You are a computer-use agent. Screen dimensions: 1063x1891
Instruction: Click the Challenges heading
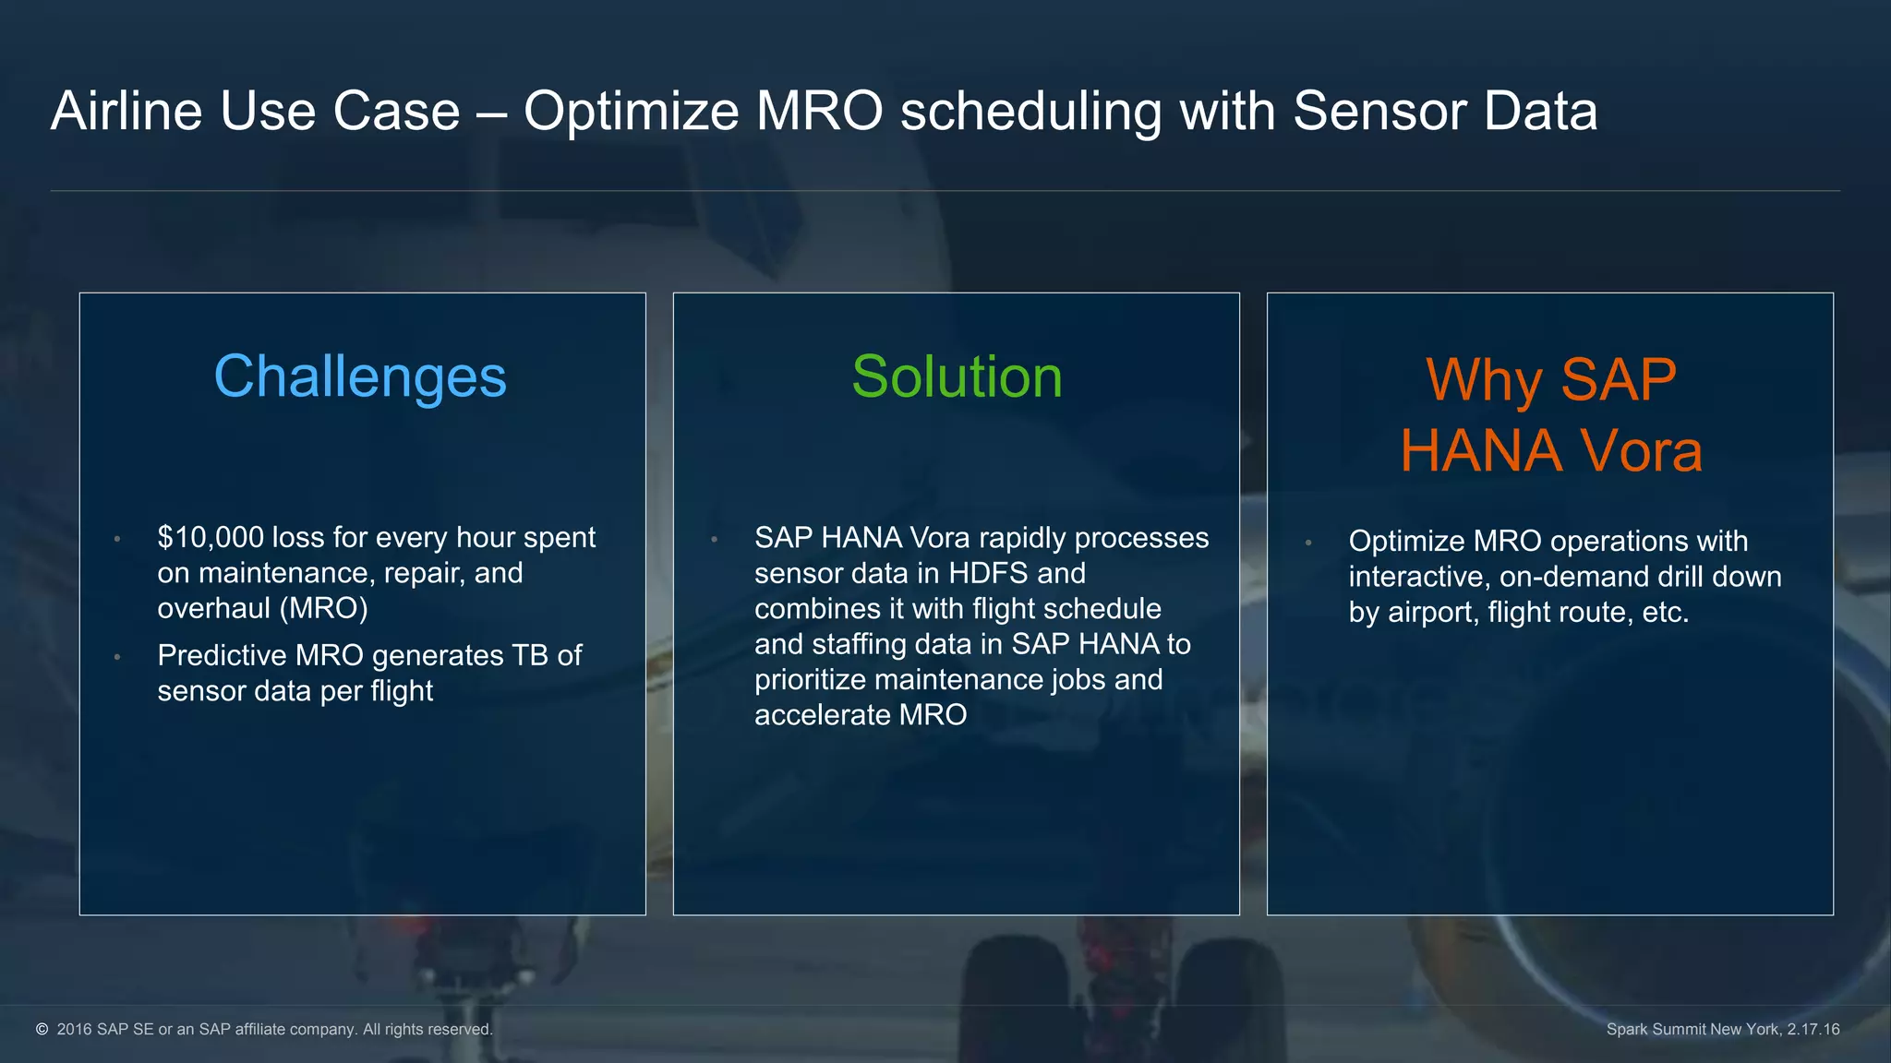click(x=360, y=376)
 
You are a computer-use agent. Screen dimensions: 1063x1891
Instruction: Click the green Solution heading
click(x=957, y=376)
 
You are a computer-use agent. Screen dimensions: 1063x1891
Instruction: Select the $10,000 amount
click(x=211, y=537)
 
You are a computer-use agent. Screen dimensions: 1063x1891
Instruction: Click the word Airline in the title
click(x=126, y=111)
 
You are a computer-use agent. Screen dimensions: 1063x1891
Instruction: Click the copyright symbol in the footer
click(x=42, y=1029)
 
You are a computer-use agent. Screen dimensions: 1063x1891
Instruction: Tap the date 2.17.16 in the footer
click(x=1813, y=1029)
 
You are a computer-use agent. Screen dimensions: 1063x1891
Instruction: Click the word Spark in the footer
click(x=1627, y=1029)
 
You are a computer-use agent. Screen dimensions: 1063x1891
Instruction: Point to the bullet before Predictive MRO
click(x=117, y=657)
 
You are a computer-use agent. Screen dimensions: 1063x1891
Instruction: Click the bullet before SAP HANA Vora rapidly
click(x=714, y=539)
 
